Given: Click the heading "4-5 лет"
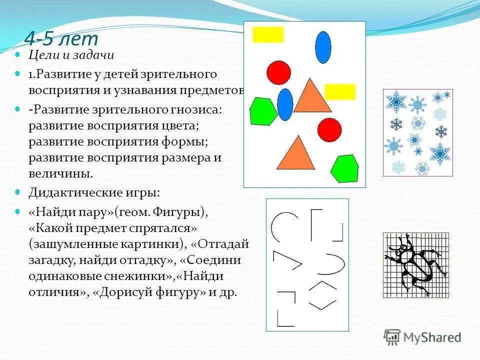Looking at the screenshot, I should pos(61,38).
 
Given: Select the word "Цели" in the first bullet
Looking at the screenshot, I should pos(42,55).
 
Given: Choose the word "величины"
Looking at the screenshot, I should pos(60,174).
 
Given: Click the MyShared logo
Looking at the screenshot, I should pos(422,337).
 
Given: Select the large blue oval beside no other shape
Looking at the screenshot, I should pos(323,47).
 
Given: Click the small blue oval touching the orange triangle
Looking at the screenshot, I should pos(285,104).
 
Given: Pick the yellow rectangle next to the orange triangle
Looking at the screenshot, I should pos(340,92).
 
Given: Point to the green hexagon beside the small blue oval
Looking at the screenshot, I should pos(263,111).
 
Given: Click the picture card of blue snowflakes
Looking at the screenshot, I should pos(417,132).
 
